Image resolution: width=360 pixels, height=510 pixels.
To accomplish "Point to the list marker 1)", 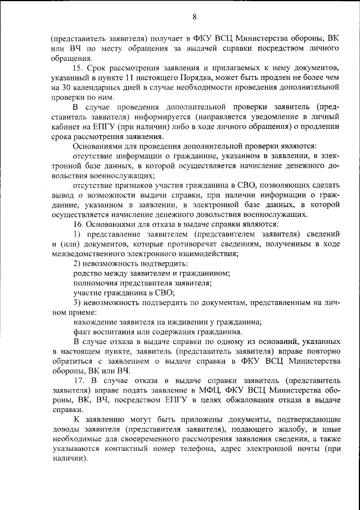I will click(x=78, y=234).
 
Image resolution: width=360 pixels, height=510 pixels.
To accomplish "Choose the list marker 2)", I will click(x=78, y=263).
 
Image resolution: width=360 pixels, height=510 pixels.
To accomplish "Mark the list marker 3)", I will click(x=78, y=302).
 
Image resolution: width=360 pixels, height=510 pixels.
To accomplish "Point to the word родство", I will click(x=88, y=273).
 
